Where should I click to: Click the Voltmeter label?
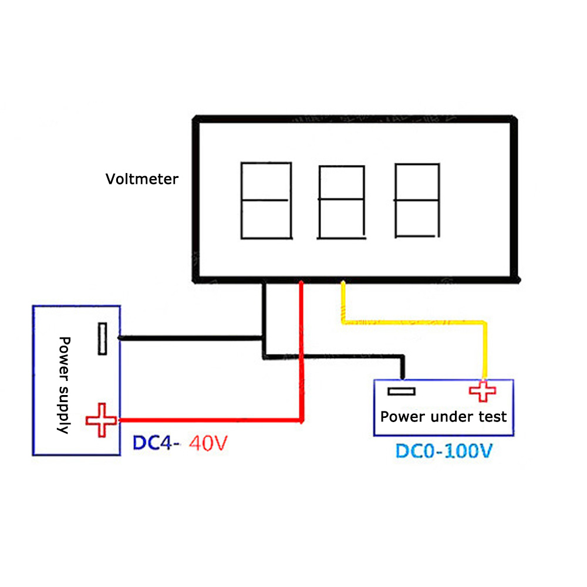(x=141, y=179)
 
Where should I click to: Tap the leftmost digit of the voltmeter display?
(x=266, y=201)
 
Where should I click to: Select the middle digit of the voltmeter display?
(x=340, y=202)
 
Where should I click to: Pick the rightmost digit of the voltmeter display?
(x=417, y=201)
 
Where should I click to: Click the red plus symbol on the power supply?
(x=103, y=420)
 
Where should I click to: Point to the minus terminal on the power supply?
(x=103, y=339)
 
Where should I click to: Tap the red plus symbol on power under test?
(x=482, y=392)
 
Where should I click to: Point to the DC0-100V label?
(x=443, y=451)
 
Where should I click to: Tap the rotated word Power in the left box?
(x=64, y=358)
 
